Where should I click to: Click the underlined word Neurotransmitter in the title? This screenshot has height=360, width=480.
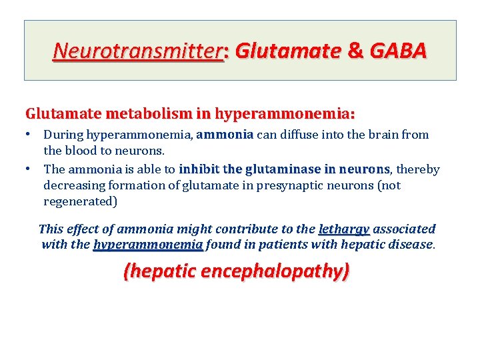pyautogui.click(x=139, y=50)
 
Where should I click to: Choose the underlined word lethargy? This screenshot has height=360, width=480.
pyautogui.click(x=344, y=229)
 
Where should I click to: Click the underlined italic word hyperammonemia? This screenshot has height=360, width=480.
pyautogui.click(x=148, y=245)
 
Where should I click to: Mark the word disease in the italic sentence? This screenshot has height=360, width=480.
pyautogui.click(x=412, y=245)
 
